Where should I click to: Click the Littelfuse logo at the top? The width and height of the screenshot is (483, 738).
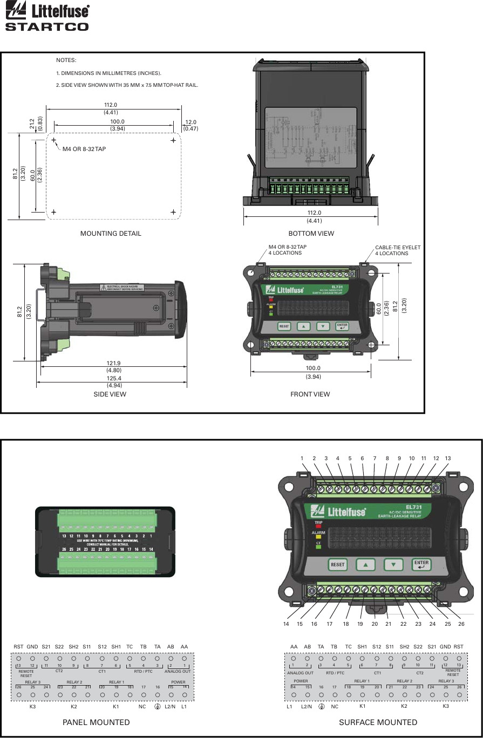point(47,10)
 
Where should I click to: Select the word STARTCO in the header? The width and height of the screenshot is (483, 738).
point(47,26)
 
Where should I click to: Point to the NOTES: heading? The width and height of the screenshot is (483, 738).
point(66,60)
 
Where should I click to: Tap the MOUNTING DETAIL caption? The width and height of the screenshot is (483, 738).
point(111,234)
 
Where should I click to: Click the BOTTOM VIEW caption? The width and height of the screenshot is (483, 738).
point(311,234)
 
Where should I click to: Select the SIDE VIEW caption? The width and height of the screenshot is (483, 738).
point(110,394)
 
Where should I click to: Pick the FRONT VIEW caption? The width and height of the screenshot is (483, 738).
point(310,394)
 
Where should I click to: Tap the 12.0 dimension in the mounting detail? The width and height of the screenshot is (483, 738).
point(191,122)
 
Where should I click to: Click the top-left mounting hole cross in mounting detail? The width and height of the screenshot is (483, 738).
point(54,140)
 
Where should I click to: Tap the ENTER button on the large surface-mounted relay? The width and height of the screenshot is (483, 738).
point(421,564)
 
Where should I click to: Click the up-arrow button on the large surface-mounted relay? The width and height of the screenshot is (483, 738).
point(365,565)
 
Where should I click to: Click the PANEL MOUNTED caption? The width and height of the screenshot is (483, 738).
point(96,722)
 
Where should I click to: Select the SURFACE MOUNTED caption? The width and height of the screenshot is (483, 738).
point(378,722)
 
